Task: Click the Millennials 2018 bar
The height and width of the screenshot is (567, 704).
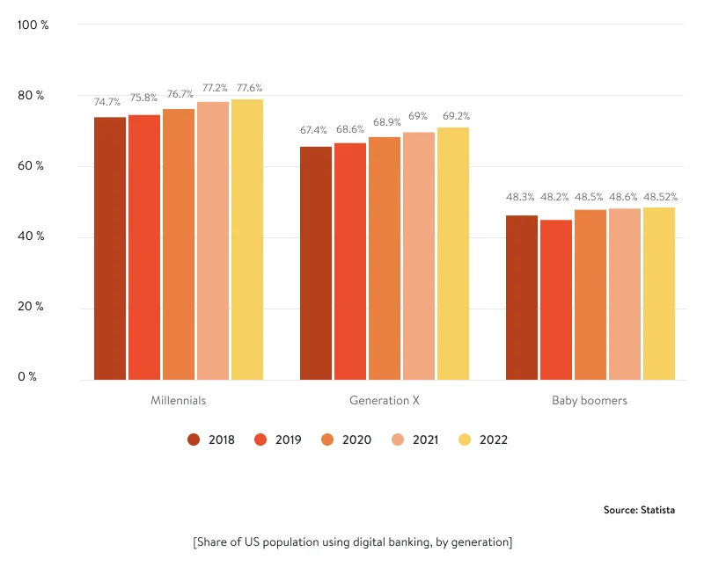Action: (110, 249)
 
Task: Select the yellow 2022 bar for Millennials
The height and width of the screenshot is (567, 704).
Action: (247, 240)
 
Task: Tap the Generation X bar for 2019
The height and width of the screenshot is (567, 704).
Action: (350, 262)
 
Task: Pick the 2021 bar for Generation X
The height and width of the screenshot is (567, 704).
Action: (419, 257)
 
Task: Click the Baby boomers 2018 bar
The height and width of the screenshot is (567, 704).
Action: (522, 298)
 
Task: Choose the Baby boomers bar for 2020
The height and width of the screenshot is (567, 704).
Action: (590, 295)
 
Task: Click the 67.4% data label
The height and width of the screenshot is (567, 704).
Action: (313, 130)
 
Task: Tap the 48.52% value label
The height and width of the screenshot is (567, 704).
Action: (660, 197)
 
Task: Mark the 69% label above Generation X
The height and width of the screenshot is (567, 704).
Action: (418, 116)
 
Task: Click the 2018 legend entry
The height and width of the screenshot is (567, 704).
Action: (211, 440)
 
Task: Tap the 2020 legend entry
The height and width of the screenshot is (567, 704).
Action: (347, 440)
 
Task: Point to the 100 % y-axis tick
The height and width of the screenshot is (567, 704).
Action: (33, 25)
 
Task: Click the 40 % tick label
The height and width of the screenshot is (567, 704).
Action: (33, 236)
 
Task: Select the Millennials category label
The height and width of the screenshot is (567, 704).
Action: (179, 401)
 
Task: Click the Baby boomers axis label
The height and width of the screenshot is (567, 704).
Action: (590, 401)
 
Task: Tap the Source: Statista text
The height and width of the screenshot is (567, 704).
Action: (640, 510)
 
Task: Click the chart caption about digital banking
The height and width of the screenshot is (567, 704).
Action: (352, 542)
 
